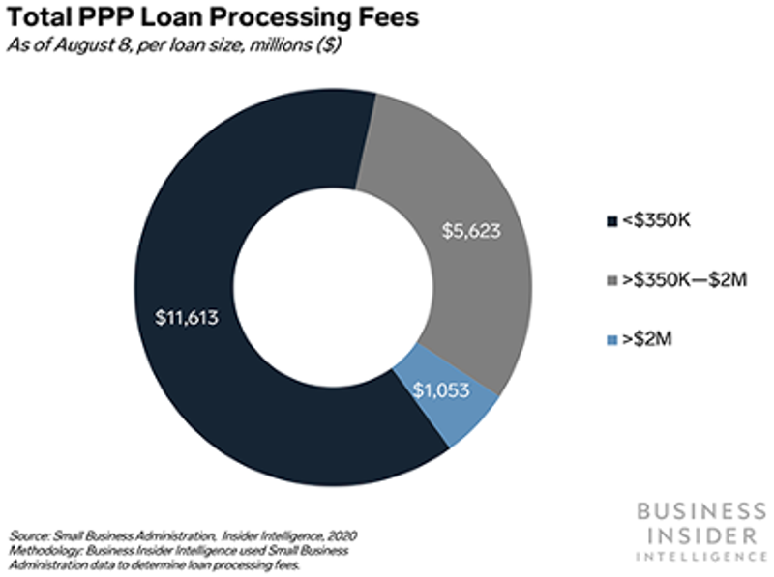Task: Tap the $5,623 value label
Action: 474,232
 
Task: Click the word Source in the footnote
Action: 29,534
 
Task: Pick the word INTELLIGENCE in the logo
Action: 697,557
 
